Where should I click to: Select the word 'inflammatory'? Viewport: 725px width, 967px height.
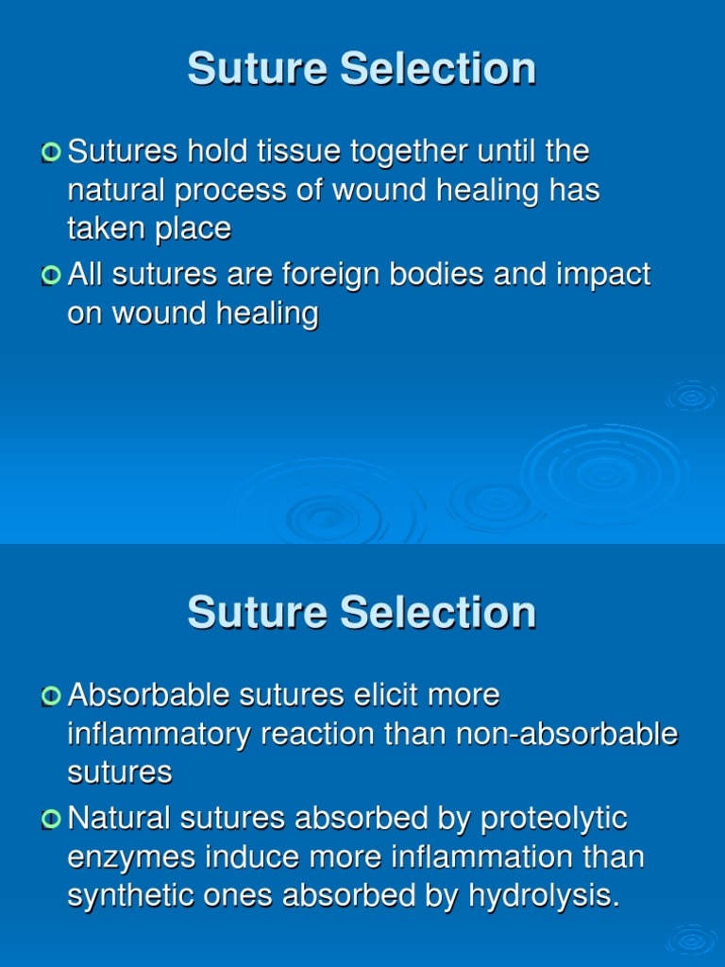click(x=160, y=734)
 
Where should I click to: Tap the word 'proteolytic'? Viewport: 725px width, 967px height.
click(x=554, y=819)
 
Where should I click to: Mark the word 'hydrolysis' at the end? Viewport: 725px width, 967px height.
click(x=545, y=895)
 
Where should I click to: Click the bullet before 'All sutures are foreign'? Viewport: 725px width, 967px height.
click(x=51, y=275)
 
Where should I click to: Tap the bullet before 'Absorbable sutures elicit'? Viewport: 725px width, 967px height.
click(x=51, y=696)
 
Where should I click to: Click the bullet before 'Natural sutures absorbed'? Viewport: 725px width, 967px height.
click(x=51, y=819)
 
